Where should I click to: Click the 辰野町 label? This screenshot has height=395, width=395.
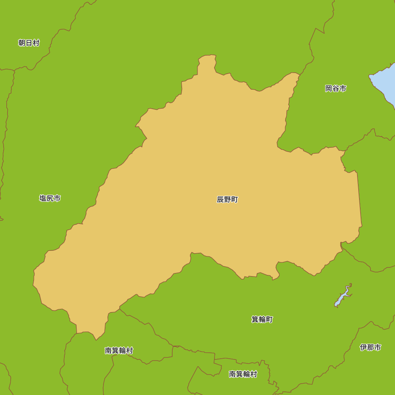click(x=227, y=199)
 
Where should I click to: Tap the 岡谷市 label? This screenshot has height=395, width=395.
click(x=336, y=88)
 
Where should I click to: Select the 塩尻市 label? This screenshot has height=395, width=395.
click(x=50, y=198)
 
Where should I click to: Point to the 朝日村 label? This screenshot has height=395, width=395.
click(x=29, y=43)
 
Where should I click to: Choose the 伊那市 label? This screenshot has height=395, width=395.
click(x=371, y=347)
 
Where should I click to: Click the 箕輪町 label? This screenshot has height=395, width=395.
click(x=262, y=319)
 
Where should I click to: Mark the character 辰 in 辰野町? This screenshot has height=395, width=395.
click(x=220, y=199)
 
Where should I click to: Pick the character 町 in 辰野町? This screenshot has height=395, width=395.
click(x=234, y=199)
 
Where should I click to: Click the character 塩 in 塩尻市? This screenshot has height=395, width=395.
click(x=43, y=198)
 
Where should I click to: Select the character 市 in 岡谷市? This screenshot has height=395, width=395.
click(x=342, y=88)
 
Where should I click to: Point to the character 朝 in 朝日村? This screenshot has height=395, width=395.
click(x=22, y=43)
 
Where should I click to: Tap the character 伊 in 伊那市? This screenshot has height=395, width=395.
click(x=364, y=347)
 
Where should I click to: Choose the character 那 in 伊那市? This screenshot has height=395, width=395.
click(x=371, y=347)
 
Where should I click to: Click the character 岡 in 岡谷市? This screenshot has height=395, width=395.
click(x=329, y=88)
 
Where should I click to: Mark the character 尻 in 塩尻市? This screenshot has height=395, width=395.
click(x=50, y=198)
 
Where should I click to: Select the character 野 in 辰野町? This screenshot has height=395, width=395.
click(x=227, y=199)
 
